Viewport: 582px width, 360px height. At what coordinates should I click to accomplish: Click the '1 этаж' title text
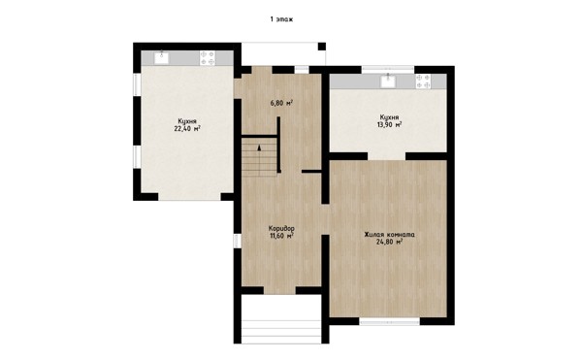(x=281, y=19)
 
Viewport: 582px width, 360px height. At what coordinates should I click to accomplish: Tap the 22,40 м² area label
(x=187, y=129)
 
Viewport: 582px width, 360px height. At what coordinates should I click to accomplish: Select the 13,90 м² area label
(x=389, y=125)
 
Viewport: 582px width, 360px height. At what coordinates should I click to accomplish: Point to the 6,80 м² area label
(x=281, y=103)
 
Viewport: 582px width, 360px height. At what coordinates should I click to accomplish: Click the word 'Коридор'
(x=281, y=228)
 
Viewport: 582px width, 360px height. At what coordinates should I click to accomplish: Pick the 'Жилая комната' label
(x=389, y=235)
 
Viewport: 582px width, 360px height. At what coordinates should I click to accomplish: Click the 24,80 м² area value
(x=389, y=242)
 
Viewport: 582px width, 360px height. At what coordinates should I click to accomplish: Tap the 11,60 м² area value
(x=281, y=235)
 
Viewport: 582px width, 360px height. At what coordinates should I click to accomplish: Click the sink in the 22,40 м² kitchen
(x=161, y=58)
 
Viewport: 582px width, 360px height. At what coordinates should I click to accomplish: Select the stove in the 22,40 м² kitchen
(x=208, y=58)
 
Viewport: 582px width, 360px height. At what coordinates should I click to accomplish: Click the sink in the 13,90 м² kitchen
(x=388, y=82)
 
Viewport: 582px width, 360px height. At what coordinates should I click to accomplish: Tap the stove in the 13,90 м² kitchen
(x=423, y=82)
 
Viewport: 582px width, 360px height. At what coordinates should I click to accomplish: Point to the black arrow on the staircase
(x=259, y=147)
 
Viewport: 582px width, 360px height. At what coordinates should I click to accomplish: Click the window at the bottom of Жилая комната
(x=390, y=321)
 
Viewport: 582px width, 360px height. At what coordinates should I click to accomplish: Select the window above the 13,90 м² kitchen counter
(x=388, y=70)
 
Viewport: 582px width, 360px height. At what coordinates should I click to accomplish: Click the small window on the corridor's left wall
(x=238, y=241)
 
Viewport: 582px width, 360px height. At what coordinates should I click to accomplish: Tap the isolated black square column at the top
(x=322, y=47)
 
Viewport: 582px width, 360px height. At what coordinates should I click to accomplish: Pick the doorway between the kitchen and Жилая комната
(x=386, y=156)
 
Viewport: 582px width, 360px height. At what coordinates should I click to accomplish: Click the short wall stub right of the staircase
(x=311, y=172)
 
